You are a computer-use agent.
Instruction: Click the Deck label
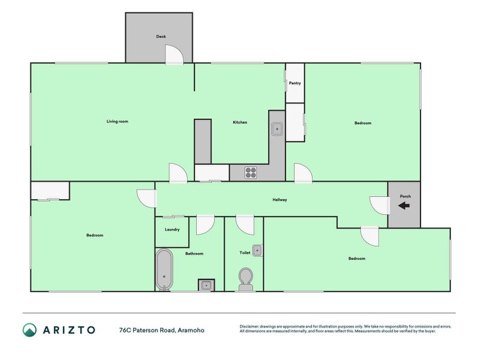point(161,37)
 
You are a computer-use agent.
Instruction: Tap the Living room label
point(118,122)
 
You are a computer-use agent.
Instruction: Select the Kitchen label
point(240,122)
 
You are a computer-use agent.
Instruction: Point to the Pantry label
point(295,83)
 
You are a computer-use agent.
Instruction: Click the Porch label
point(405,196)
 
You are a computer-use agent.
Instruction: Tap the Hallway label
point(280,200)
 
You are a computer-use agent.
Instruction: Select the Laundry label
point(172,229)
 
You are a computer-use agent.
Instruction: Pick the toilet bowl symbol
point(245,277)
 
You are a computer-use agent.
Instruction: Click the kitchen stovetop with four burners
point(250,173)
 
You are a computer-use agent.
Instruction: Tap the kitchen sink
point(277,128)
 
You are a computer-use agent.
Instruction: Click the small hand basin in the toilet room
point(257,250)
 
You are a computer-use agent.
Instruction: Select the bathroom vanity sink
point(206,285)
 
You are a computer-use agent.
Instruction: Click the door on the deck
point(173,55)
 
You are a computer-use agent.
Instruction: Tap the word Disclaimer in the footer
point(251,327)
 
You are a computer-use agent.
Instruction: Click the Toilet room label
point(245,253)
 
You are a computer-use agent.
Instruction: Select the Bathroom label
point(194,254)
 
